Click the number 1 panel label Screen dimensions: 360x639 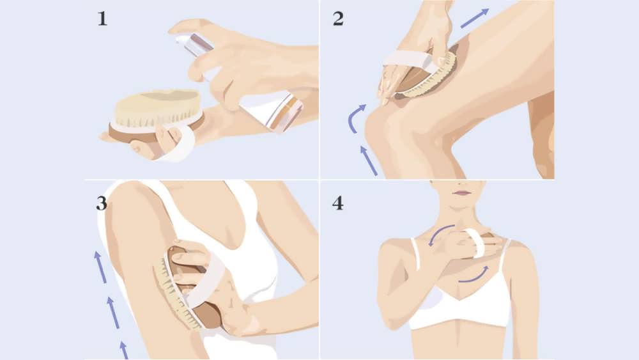(102, 19)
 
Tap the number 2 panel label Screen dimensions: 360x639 (338, 19)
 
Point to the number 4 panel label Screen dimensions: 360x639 (338, 204)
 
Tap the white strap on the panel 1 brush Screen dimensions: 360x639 (180, 142)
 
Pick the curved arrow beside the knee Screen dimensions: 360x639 (356, 114)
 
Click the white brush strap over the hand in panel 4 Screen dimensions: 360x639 (477, 243)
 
